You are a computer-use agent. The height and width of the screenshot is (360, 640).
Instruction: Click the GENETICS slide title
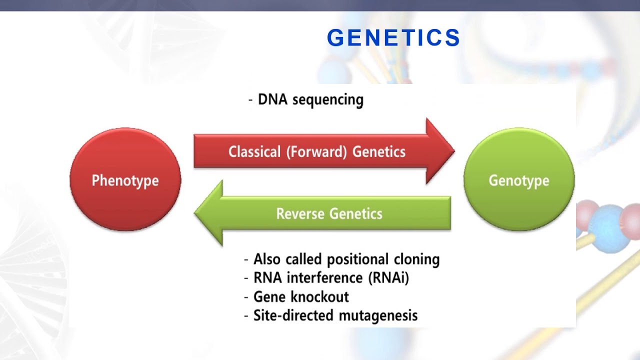(393, 38)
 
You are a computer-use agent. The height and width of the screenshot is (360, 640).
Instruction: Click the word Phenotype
(125, 180)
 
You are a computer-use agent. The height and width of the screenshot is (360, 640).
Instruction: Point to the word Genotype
(519, 180)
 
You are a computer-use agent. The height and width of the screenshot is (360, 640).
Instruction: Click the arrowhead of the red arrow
(440, 151)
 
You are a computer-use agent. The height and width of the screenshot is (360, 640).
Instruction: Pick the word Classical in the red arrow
(254, 151)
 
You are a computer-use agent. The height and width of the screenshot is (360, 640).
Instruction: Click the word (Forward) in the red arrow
(316, 151)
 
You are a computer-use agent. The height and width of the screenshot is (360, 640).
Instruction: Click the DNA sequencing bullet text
(310, 99)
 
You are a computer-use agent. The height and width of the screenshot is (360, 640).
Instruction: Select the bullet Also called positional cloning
(346, 259)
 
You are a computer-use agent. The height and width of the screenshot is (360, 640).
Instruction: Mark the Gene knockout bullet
(301, 296)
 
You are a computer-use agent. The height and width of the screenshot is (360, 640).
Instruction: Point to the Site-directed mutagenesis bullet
(335, 315)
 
